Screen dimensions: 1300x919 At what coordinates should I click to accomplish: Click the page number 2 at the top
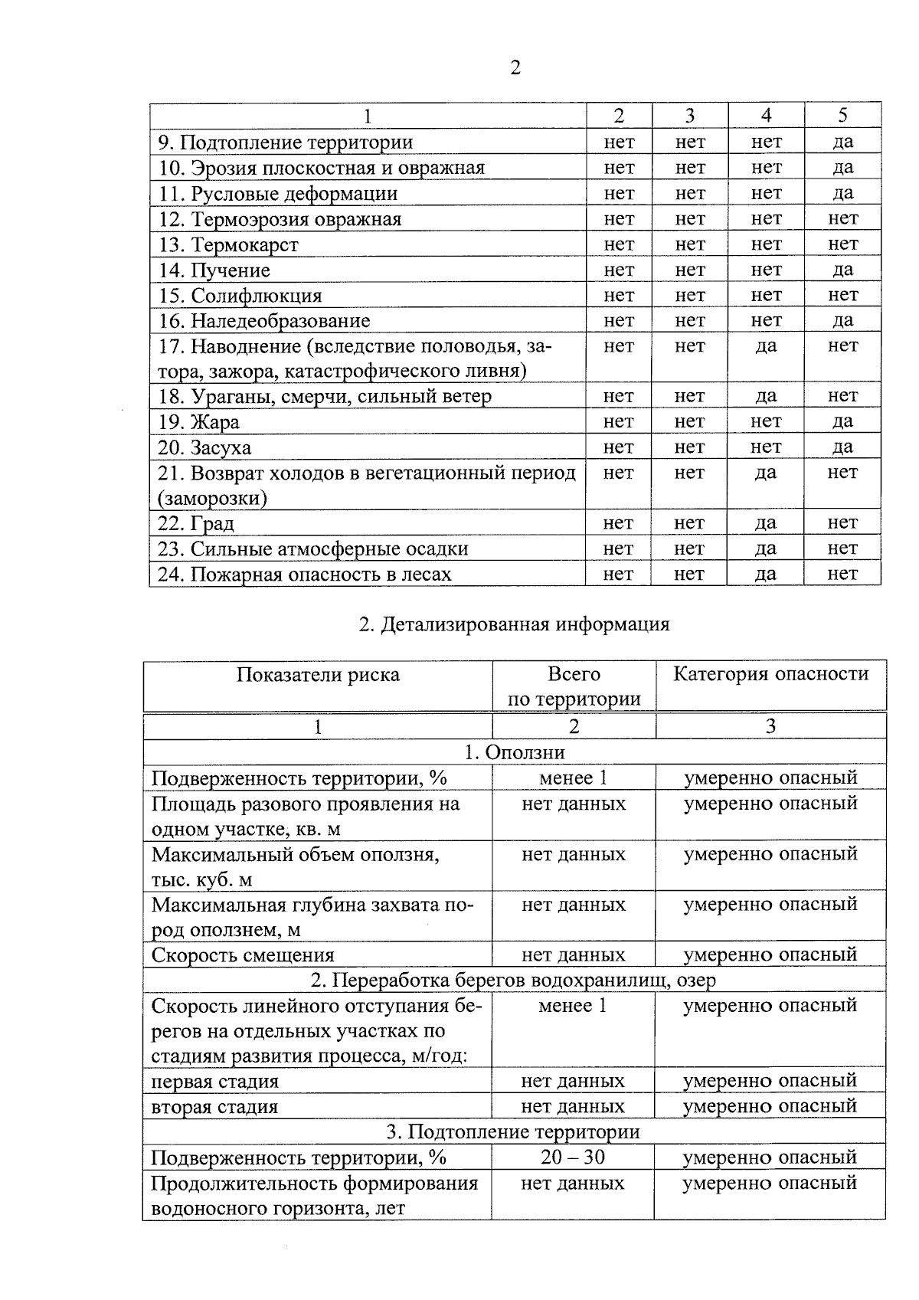click(515, 68)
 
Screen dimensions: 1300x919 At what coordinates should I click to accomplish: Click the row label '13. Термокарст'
click(228, 245)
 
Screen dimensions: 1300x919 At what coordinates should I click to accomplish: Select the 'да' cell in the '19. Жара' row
click(842, 421)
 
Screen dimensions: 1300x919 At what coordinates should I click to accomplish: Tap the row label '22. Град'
click(196, 523)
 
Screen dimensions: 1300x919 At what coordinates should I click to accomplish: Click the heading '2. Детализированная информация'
click(514, 624)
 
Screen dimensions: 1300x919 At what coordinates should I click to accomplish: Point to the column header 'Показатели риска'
click(318, 675)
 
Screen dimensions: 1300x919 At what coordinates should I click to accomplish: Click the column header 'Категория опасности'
click(770, 674)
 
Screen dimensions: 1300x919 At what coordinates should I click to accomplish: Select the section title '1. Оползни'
click(514, 752)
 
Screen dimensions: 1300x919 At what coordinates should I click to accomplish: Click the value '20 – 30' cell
click(573, 1157)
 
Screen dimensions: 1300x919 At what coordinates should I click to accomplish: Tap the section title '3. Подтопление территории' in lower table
click(513, 1131)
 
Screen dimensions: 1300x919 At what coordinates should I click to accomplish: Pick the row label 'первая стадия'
click(215, 1081)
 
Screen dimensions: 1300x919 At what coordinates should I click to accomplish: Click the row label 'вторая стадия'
click(214, 1106)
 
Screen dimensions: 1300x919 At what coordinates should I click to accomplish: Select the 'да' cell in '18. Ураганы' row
click(766, 396)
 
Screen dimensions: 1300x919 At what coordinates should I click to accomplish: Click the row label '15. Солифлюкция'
click(240, 296)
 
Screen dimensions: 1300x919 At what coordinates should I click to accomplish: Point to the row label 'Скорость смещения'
click(243, 955)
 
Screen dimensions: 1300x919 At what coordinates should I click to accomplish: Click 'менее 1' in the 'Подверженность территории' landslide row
click(573, 778)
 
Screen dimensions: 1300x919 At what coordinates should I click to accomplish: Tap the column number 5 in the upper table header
click(842, 116)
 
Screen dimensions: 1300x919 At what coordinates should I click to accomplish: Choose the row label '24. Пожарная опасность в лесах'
click(305, 574)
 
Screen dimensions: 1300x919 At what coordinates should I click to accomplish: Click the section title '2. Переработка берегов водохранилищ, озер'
click(513, 980)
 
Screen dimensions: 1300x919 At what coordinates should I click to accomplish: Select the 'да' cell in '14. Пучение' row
click(842, 270)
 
